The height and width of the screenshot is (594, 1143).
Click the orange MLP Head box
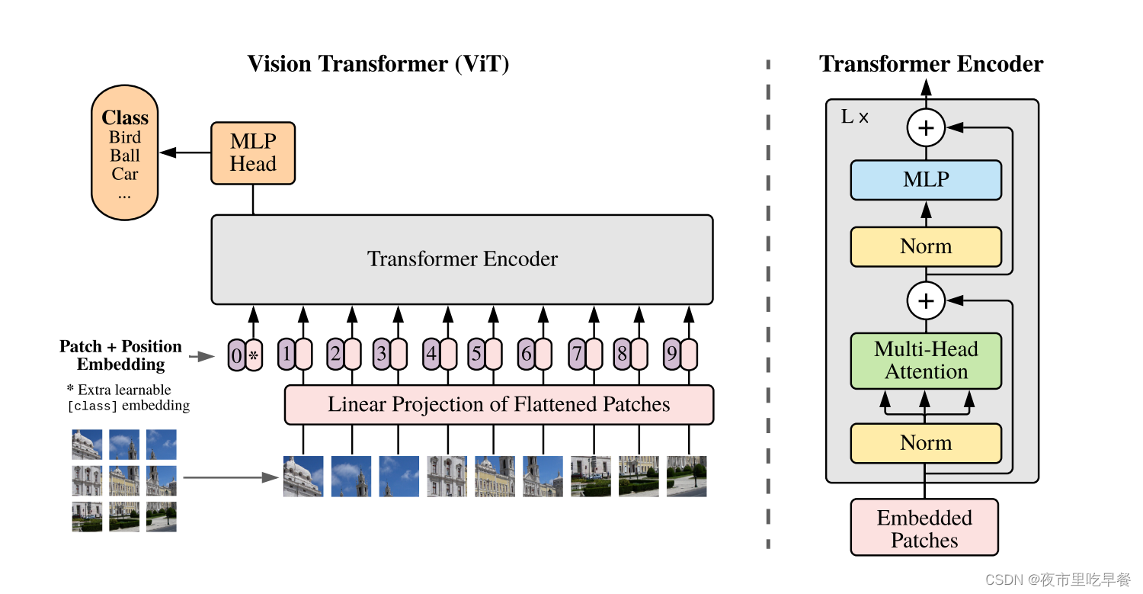pos(253,153)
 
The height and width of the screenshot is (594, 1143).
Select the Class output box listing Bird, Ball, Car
pos(125,153)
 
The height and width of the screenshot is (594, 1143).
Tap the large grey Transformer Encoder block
pos(462,259)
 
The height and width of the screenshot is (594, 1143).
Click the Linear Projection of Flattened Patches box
pos(498,404)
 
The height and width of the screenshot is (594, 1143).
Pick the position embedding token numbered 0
pos(236,355)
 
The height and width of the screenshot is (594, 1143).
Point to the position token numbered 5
pos(476,355)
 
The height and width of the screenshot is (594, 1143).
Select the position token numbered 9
pos(671,355)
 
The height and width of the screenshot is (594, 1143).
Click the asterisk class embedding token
pos(254,355)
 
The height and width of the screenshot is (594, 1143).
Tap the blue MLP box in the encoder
pos(926,180)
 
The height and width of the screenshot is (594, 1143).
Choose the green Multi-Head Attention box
pos(926,361)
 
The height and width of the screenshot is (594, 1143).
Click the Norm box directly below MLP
pos(926,246)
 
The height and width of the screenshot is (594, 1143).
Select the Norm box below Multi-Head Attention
pos(926,443)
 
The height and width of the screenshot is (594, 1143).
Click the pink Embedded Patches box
pos(924,528)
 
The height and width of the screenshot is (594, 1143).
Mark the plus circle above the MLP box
pos(926,128)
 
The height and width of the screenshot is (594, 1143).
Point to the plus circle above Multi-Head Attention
pos(926,300)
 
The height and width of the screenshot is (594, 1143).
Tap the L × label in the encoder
pos(855,117)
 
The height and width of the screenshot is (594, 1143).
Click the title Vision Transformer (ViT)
pos(378,64)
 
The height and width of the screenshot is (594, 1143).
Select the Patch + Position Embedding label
pos(121,355)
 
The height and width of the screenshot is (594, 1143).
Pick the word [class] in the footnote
pos(92,406)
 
